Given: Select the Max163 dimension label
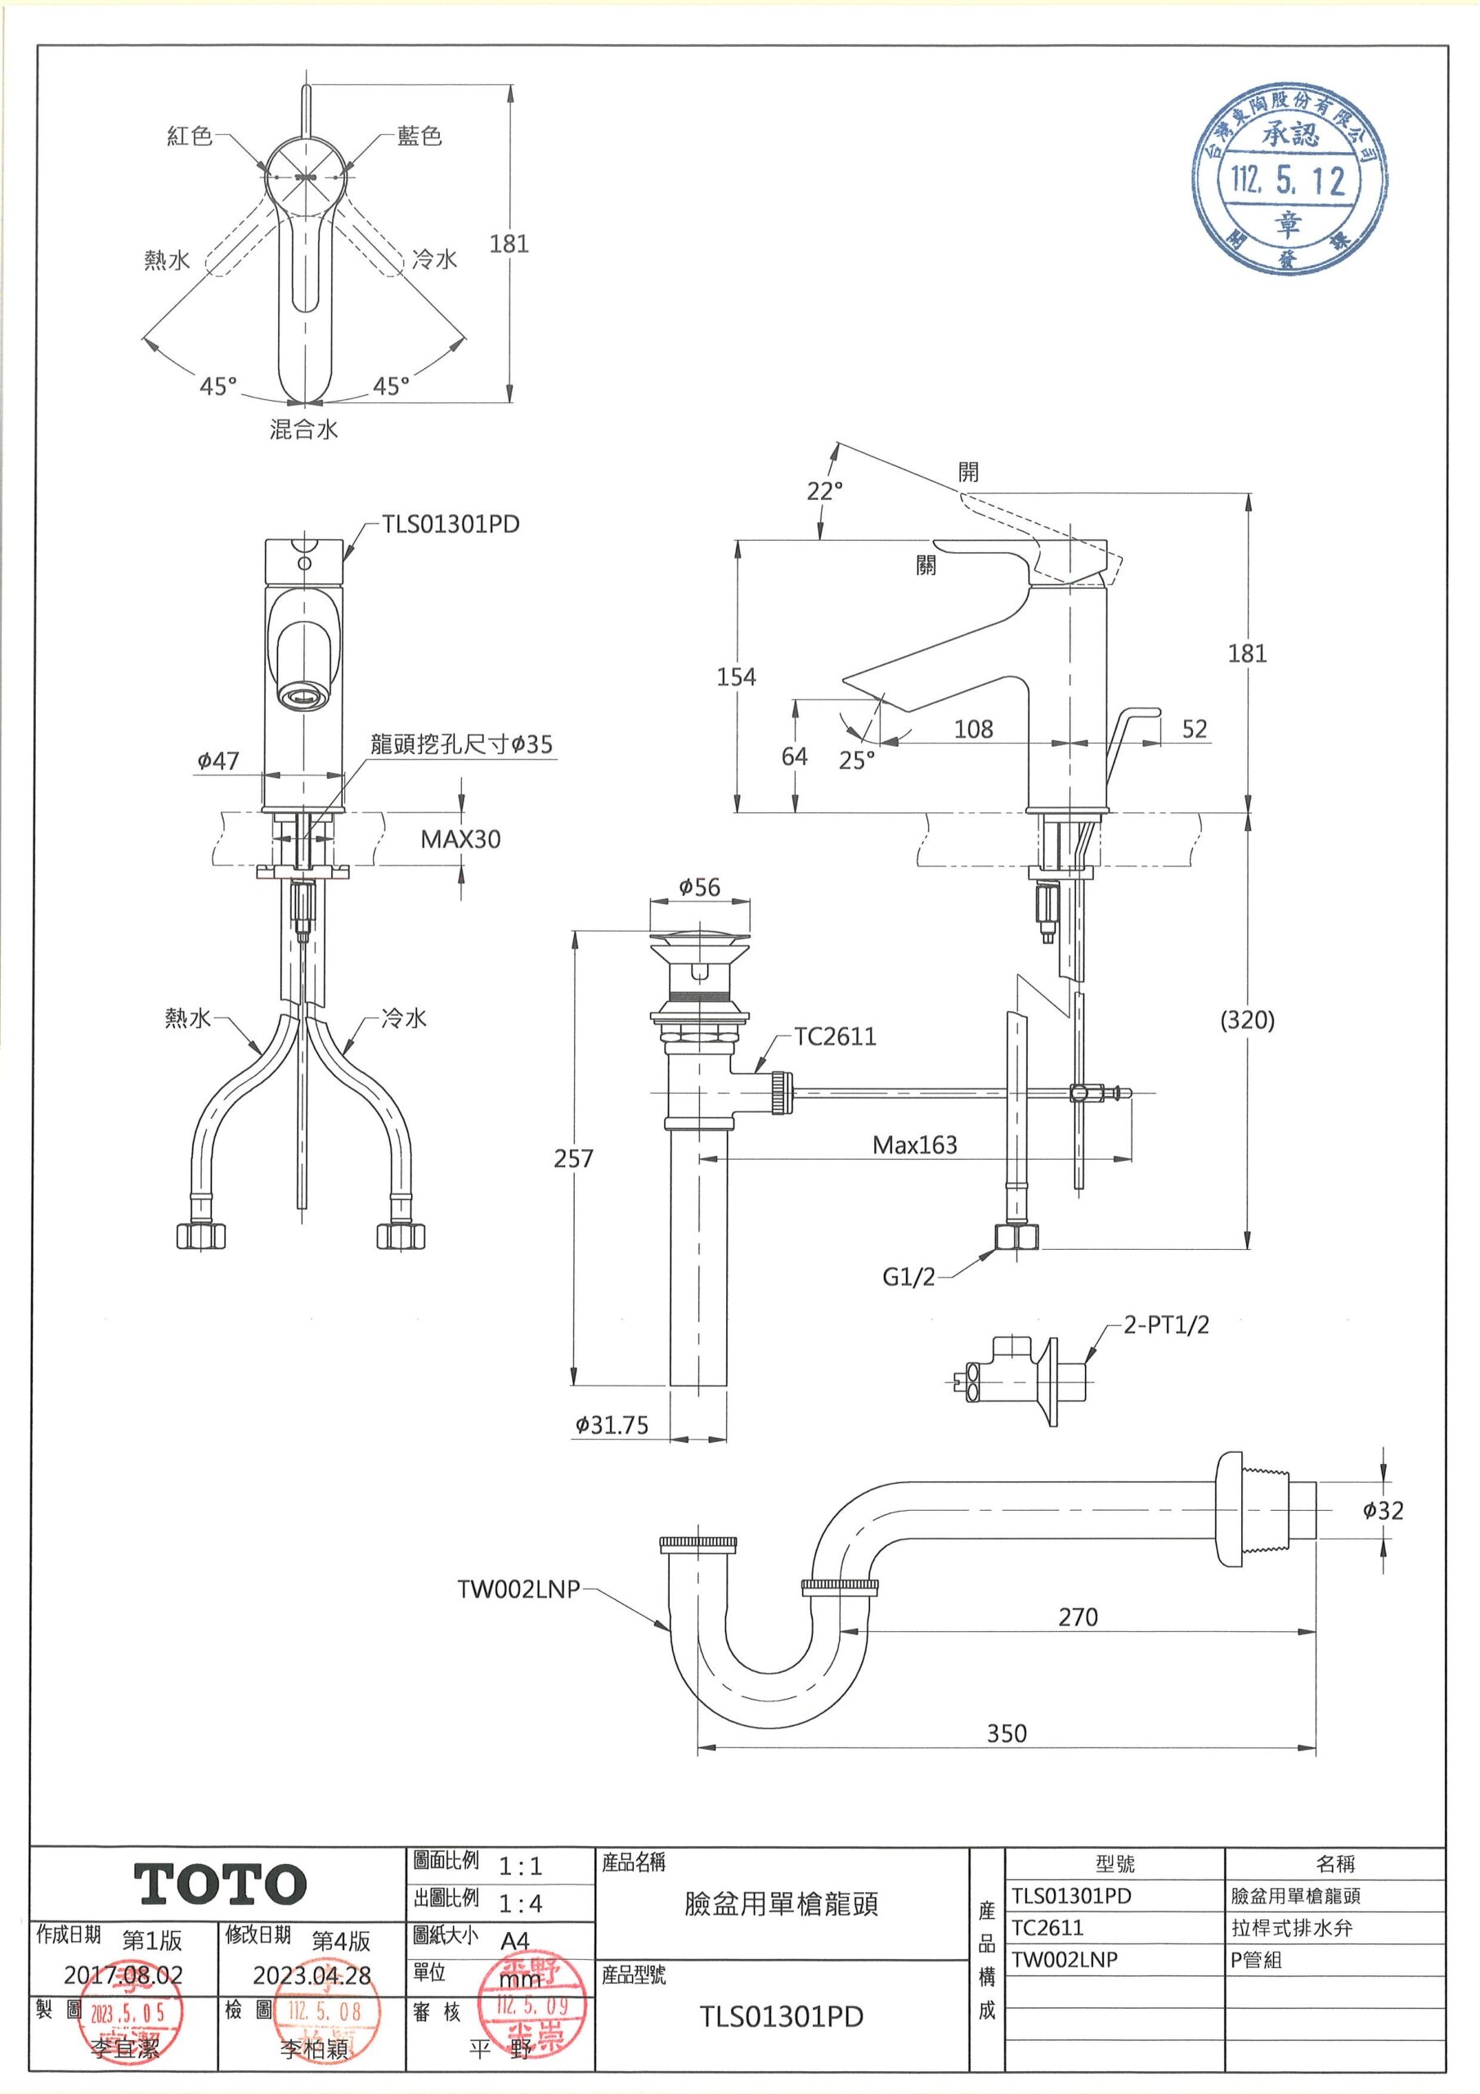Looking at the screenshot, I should (915, 1145).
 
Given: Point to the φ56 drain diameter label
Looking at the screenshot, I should (699, 887).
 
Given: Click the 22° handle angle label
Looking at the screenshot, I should (824, 492).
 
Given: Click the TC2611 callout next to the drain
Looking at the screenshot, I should (834, 1036).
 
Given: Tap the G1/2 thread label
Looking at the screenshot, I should (908, 1277).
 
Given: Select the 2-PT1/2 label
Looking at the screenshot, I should (1165, 1325).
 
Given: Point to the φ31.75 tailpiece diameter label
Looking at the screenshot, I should (611, 1426).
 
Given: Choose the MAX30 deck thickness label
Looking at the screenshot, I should (460, 839).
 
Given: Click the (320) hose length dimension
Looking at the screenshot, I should (1247, 1021).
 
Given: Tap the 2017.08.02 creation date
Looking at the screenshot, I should (123, 1975).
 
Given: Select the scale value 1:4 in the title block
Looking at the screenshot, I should (521, 1903).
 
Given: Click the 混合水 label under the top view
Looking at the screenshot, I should (303, 429).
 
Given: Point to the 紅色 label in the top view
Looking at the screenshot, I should (190, 136).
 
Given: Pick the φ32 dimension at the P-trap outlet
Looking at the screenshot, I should (1384, 1510).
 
